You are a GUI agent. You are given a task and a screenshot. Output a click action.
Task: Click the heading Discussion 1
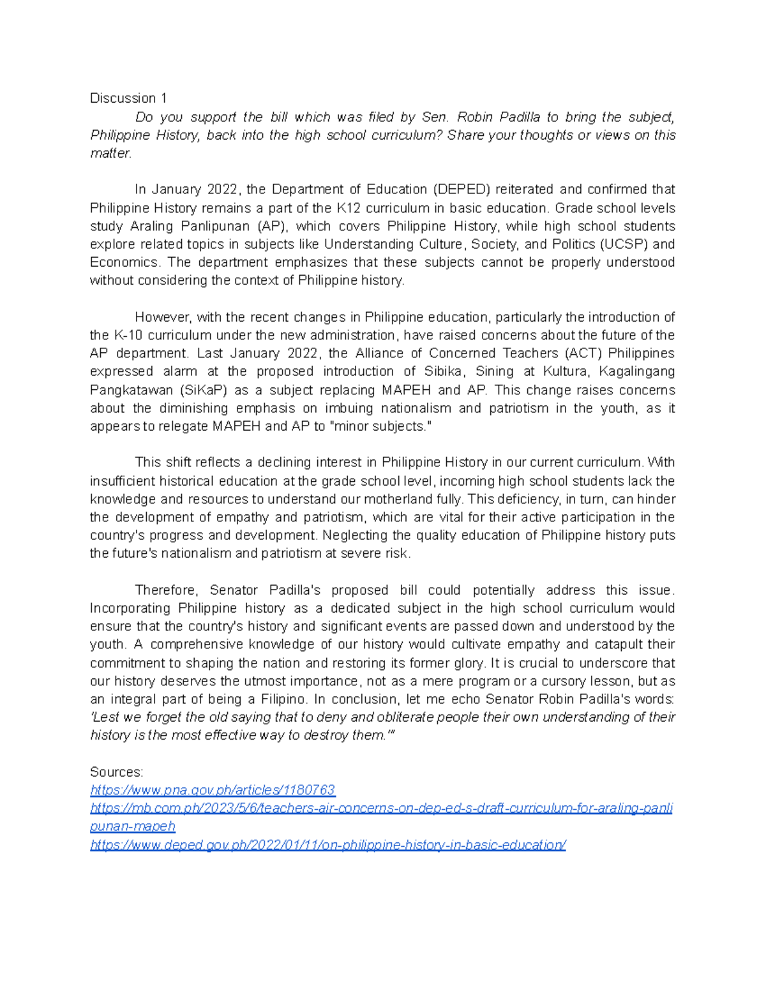[128, 98]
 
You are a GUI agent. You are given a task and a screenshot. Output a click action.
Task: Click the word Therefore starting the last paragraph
[167, 590]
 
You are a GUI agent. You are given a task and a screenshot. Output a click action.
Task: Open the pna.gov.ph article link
[213, 790]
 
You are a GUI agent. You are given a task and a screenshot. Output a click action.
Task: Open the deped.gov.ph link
[328, 845]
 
